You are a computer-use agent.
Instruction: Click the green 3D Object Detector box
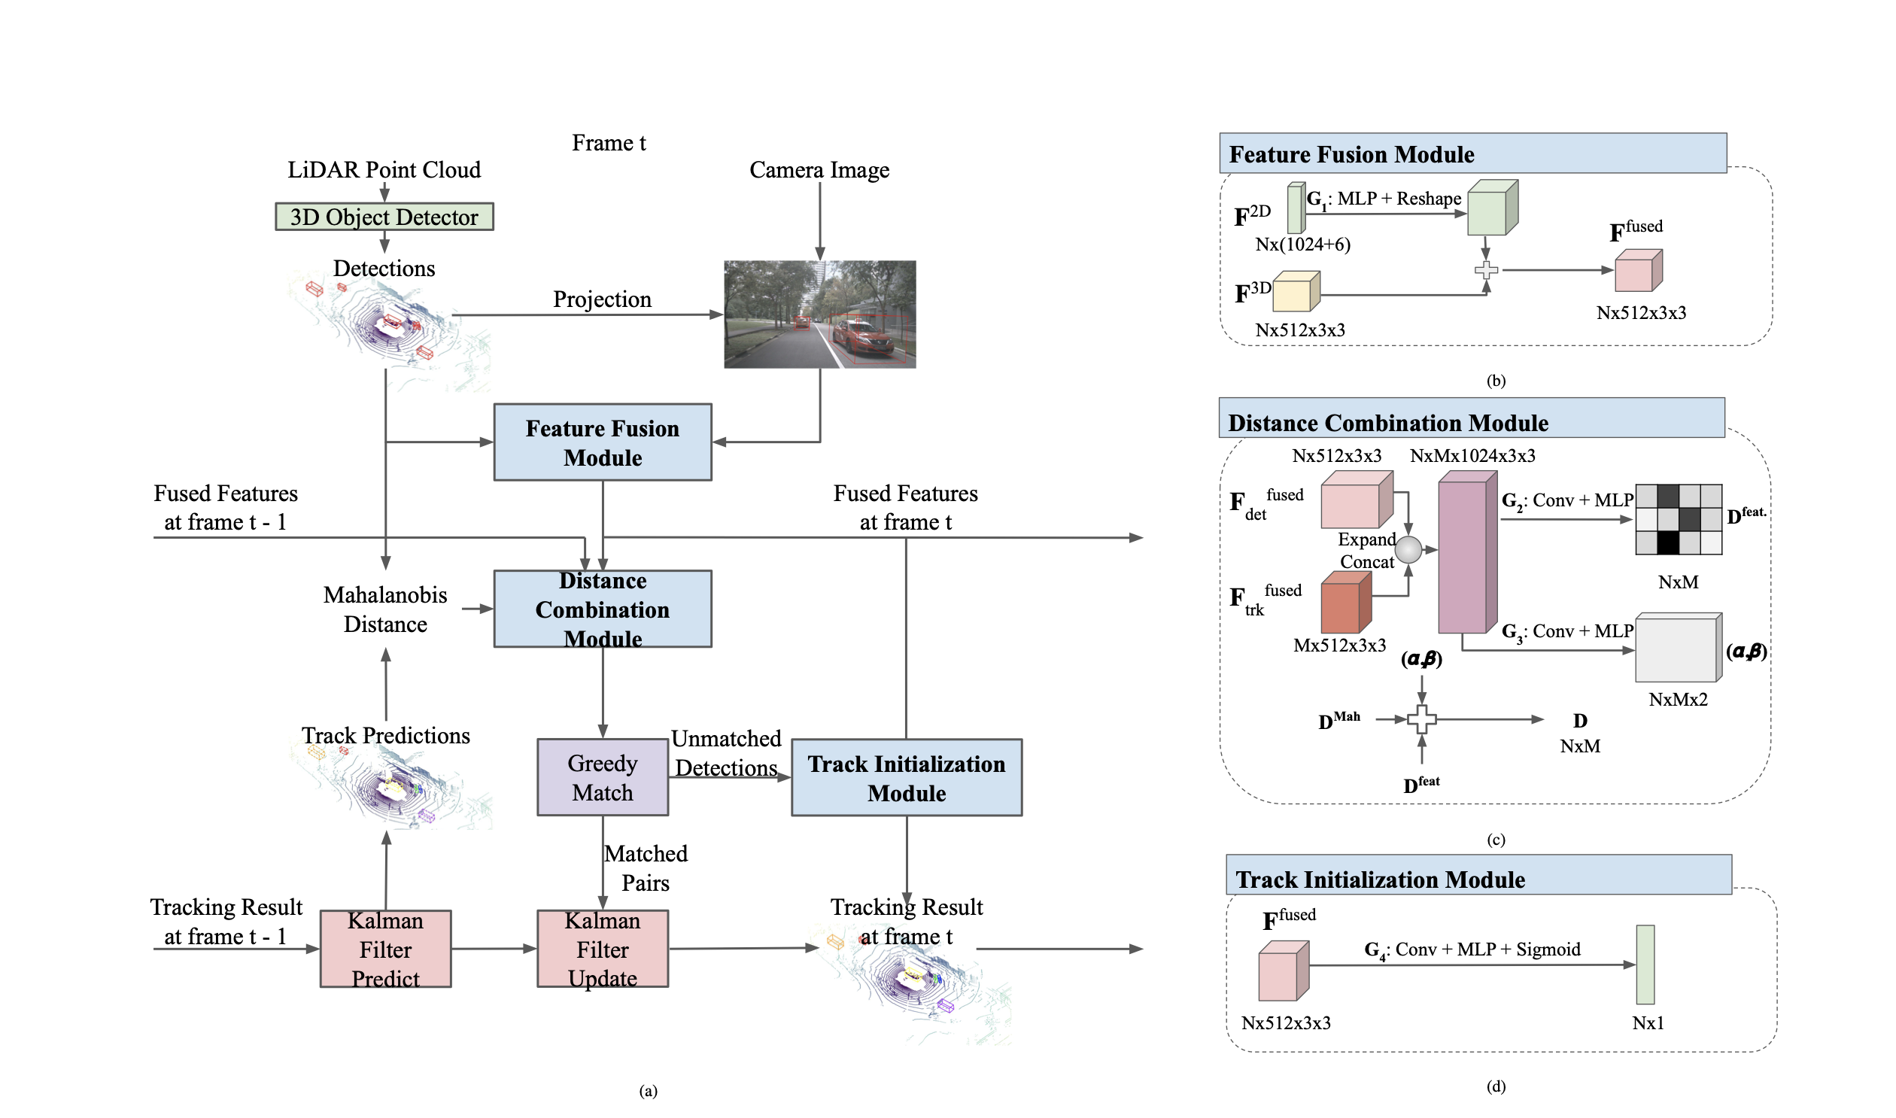pyautogui.click(x=384, y=217)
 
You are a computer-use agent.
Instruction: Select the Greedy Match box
pyautogui.click(x=603, y=777)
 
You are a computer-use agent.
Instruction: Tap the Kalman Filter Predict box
pyautogui.click(x=386, y=949)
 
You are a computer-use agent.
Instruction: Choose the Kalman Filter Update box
pyautogui.click(x=603, y=949)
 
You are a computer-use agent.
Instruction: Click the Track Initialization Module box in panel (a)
pyautogui.click(x=906, y=777)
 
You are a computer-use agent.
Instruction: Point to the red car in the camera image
pyautogui.click(x=862, y=337)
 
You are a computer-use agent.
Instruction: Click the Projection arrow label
pyautogui.click(x=602, y=300)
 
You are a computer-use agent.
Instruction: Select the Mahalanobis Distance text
pyautogui.click(x=385, y=609)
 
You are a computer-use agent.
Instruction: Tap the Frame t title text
pyautogui.click(x=609, y=143)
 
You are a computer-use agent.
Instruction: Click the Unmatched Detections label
pyautogui.click(x=726, y=753)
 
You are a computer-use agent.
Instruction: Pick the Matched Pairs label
pyautogui.click(x=646, y=868)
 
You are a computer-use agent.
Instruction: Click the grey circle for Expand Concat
pyautogui.click(x=1408, y=550)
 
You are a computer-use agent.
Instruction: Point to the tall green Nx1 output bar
pyautogui.click(x=1645, y=965)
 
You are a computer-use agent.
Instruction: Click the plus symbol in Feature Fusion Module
pyautogui.click(x=1485, y=269)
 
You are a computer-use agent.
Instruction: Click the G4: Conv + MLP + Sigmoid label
pyautogui.click(x=1472, y=950)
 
